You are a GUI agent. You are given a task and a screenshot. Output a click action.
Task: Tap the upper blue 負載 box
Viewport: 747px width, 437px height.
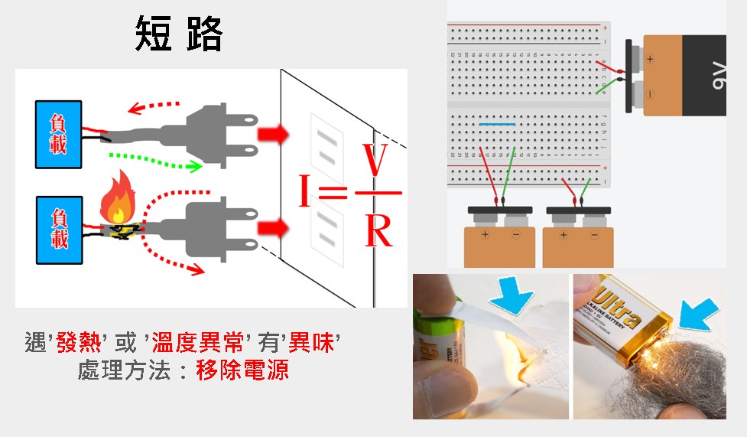coord(58,133)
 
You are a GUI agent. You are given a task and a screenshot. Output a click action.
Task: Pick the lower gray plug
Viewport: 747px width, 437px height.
coord(218,227)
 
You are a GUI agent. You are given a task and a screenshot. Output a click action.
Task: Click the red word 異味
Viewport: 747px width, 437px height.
coord(312,342)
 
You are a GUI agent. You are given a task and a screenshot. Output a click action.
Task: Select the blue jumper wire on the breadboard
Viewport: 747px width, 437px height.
coord(496,123)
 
